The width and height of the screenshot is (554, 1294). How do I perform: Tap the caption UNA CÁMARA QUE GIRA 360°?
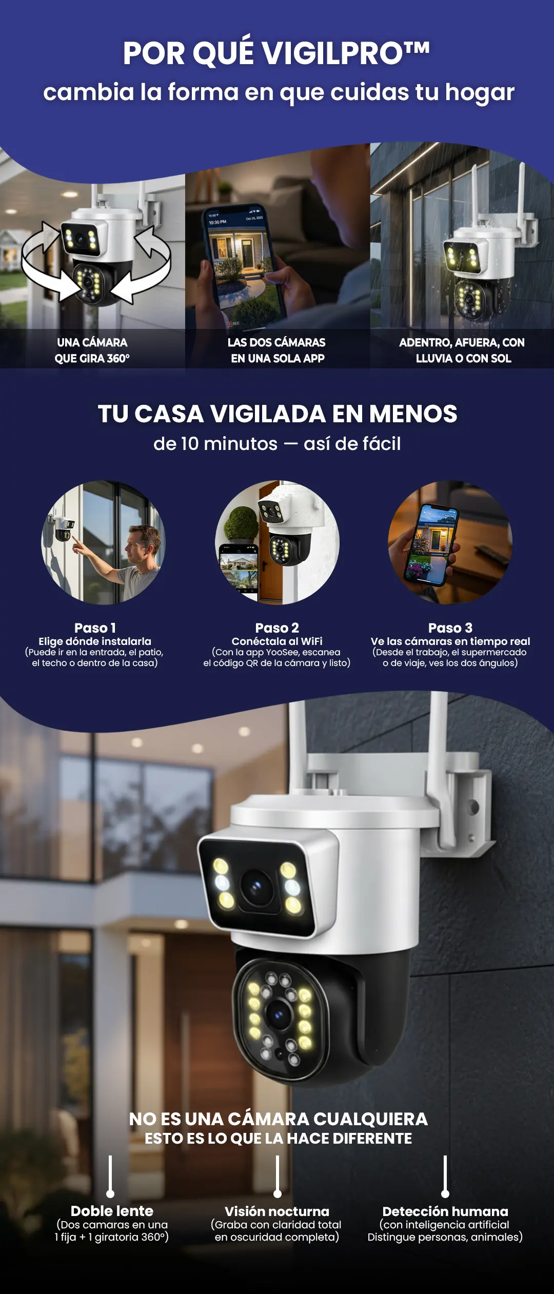(92, 350)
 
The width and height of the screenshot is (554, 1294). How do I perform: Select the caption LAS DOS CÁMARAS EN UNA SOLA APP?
(277, 350)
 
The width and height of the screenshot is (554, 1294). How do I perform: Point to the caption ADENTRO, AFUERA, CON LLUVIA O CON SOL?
(462, 350)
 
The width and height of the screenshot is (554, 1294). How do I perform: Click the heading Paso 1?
(95, 628)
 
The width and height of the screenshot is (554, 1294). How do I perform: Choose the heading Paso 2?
(277, 628)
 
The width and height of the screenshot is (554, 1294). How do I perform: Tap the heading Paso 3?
(450, 628)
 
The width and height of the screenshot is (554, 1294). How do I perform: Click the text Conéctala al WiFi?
(277, 641)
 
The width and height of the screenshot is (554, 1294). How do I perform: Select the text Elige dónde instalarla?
(95, 641)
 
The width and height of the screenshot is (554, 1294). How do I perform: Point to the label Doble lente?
(112, 1211)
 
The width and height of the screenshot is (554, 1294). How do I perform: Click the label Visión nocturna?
(277, 1211)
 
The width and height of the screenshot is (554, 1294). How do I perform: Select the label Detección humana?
(445, 1211)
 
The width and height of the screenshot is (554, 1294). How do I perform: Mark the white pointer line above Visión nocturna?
(278, 1176)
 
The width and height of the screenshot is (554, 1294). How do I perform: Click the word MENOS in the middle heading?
(413, 414)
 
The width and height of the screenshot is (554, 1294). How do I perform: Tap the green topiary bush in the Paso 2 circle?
(240, 523)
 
